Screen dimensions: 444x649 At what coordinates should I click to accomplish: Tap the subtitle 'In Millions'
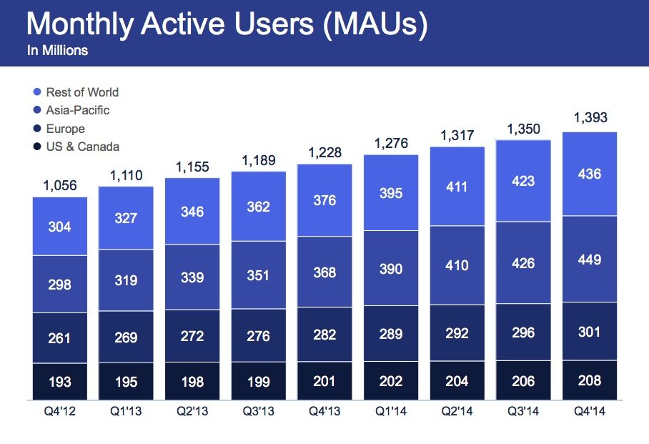(x=57, y=51)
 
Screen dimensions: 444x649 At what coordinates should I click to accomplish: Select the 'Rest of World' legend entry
(x=81, y=92)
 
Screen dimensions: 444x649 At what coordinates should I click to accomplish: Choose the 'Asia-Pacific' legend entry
(x=77, y=110)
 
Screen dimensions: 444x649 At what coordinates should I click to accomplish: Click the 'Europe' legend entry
(x=65, y=129)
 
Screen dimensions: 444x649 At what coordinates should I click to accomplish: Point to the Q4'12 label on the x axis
(x=59, y=413)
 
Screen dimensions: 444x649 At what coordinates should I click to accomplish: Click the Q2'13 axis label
(x=192, y=413)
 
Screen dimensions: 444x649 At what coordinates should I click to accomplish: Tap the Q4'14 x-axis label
(x=590, y=413)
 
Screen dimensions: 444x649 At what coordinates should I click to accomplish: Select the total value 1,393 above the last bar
(x=590, y=117)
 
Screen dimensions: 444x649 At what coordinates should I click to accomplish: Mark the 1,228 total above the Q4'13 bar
(x=324, y=152)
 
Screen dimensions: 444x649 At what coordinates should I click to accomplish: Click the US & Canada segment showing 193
(x=59, y=382)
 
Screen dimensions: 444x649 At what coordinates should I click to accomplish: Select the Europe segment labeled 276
(x=259, y=337)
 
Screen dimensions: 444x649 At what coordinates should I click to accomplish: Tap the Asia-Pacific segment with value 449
(x=590, y=259)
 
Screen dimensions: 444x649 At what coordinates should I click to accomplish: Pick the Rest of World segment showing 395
(x=391, y=193)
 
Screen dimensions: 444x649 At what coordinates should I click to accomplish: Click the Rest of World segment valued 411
(x=457, y=187)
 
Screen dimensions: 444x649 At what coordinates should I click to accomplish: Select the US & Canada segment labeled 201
(x=324, y=380)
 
